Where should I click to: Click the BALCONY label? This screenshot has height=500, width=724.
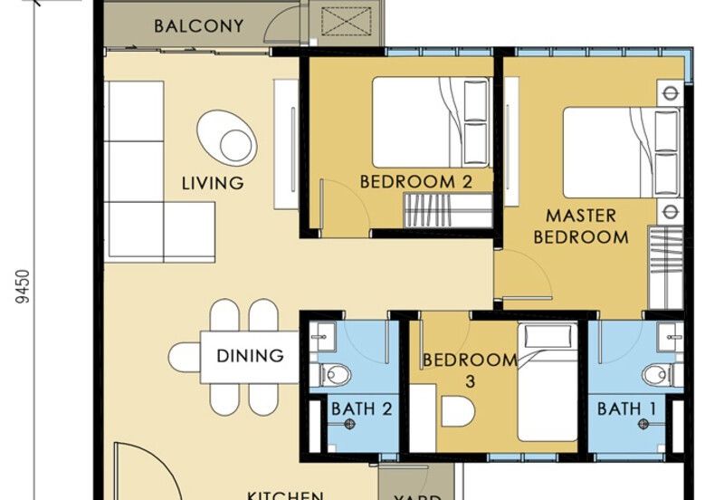pyautogui.click(x=198, y=25)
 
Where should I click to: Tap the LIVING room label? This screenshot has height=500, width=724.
pyautogui.click(x=213, y=183)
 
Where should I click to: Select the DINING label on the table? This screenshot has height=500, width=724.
pyautogui.click(x=250, y=356)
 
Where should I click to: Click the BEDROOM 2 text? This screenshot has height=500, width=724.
pyautogui.click(x=415, y=182)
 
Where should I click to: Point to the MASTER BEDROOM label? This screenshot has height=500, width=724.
pyautogui.click(x=580, y=227)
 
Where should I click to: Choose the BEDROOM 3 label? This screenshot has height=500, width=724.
pyautogui.click(x=470, y=370)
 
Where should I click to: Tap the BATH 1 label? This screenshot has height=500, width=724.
pyautogui.click(x=626, y=409)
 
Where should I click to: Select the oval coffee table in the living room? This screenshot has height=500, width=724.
pyautogui.click(x=226, y=138)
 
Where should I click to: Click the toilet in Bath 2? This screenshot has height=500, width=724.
pyautogui.click(x=337, y=373)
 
